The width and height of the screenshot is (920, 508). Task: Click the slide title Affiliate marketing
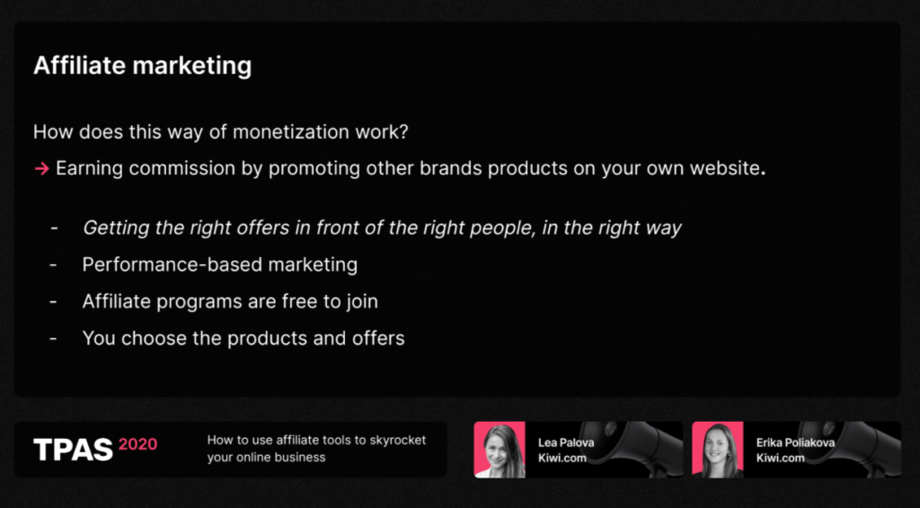(143, 66)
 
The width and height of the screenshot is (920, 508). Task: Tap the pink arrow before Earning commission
(41, 169)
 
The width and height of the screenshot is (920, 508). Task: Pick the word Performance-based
(172, 265)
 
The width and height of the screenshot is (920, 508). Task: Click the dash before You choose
(53, 339)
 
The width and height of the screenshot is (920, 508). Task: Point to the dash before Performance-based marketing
(53, 265)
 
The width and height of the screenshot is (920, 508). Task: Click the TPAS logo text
(73, 450)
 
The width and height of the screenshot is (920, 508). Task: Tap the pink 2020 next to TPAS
(137, 444)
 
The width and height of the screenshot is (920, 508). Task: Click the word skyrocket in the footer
(398, 440)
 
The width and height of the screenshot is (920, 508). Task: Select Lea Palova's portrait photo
(500, 450)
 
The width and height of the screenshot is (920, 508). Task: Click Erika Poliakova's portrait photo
(718, 450)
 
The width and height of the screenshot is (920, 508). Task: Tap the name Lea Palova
(566, 442)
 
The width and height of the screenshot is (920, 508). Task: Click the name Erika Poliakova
(795, 442)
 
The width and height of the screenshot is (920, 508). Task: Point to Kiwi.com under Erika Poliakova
(781, 458)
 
